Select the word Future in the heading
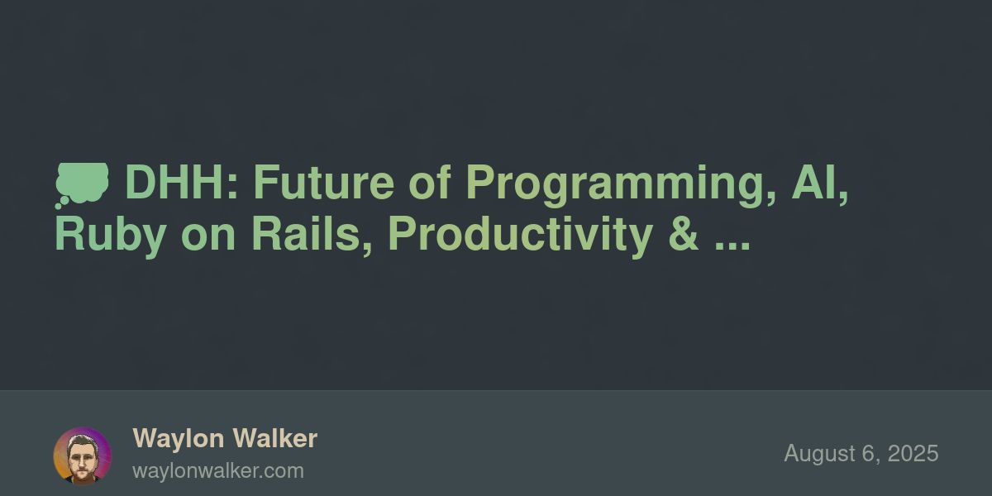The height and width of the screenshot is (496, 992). point(324,183)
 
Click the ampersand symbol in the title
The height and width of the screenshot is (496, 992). point(684,234)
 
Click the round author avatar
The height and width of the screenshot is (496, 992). point(83,456)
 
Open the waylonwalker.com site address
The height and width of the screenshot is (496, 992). point(218,471)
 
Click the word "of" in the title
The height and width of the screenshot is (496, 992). point(430,183)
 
